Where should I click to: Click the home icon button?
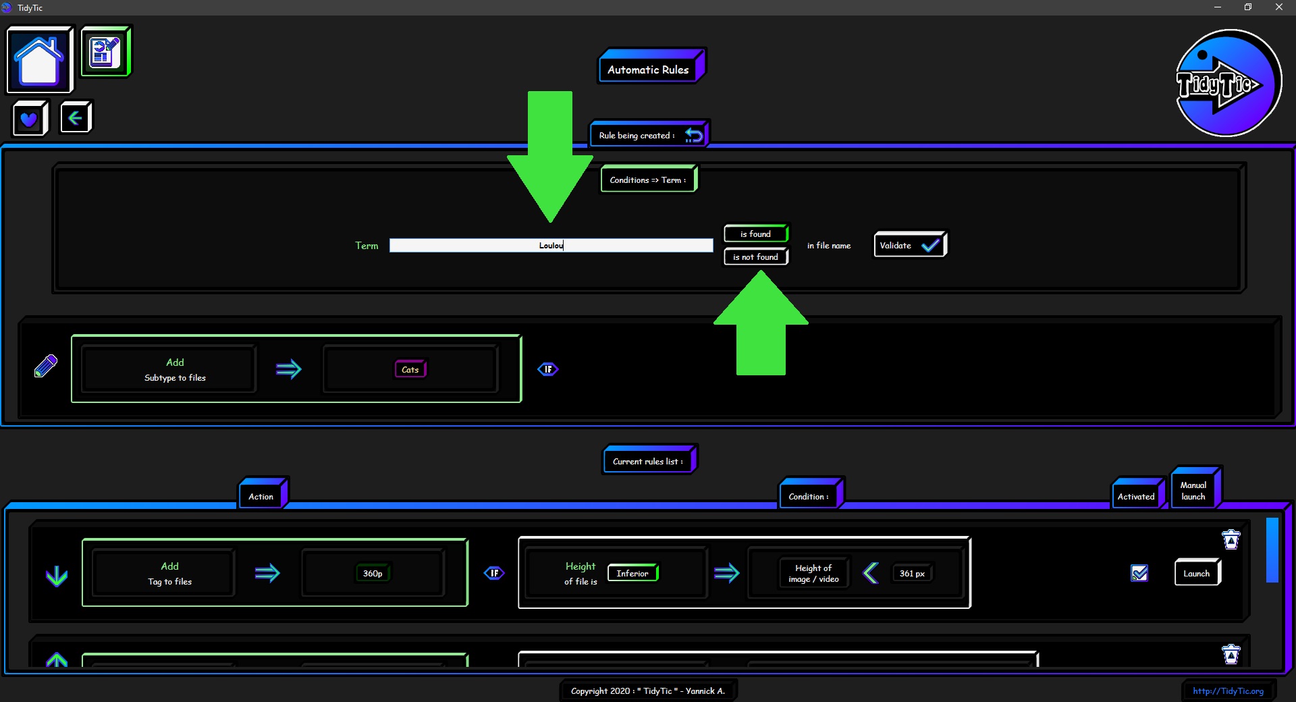[39, 60]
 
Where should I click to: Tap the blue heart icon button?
[30, 119]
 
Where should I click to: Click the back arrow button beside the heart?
[76, 118]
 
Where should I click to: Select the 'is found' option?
[756, 234]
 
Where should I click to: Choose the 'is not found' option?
[756, 256]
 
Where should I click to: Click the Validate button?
[910, 245]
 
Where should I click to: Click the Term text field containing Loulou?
[551, 246]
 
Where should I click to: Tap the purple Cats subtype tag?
[410, 369]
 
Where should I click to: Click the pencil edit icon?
[46, 366]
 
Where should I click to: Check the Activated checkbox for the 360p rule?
[1139, 573]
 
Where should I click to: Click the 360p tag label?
[373, 573]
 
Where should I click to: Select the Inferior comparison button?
[633, 573]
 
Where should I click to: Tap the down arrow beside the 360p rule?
[57, 576]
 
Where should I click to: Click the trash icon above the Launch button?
[1231, 539]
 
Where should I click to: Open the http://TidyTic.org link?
[1228, 691]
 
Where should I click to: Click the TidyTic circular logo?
[1228, 83]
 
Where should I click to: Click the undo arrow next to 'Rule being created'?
[694, 135]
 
